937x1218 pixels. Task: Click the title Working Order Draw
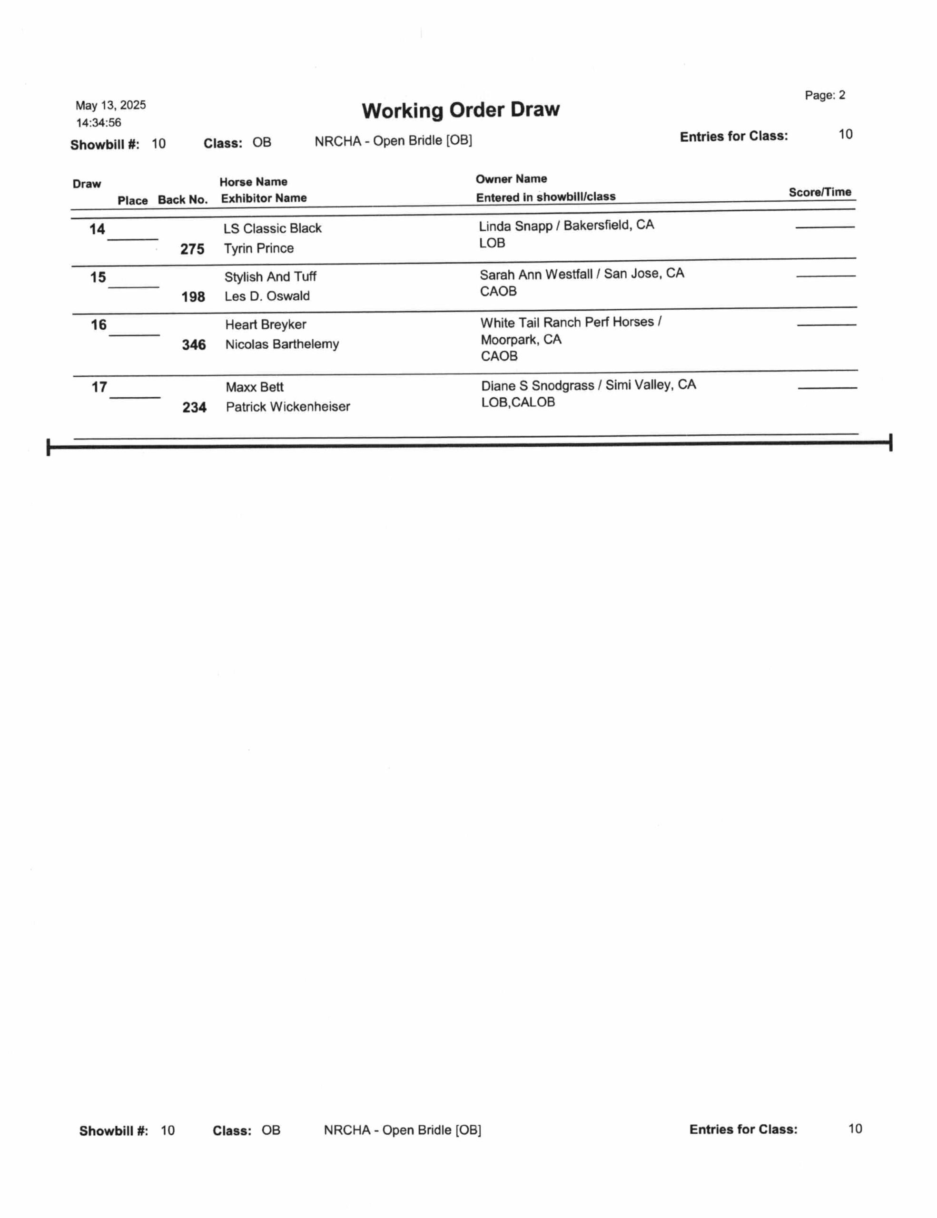tap(460, 110)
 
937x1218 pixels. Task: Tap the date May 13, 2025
tap(110, 106)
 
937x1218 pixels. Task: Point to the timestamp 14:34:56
tap(99, 123)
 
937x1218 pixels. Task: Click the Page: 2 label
tap(824, 95)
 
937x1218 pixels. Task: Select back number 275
tap(192, 249)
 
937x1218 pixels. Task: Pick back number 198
tap(193, 297)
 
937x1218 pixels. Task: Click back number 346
tap(194, 344)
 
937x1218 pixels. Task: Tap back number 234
tap(194, 408)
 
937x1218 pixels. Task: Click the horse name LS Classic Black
tap(272, 229)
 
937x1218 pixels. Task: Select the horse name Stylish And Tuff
tap(270, 276)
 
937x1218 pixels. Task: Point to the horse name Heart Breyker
tap(266, 324)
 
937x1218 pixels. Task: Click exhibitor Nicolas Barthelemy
tap(282, 344)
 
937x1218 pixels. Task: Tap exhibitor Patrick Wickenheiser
tap(288, 407)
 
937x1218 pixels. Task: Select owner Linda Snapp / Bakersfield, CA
tap(566, 226)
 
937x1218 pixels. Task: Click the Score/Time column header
tap(819, 192)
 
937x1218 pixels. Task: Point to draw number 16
tap(99, 325)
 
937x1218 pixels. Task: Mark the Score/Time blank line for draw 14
tap(824, 227)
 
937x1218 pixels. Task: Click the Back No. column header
tap(182, 200)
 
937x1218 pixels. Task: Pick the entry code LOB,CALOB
tap(518, 402)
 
